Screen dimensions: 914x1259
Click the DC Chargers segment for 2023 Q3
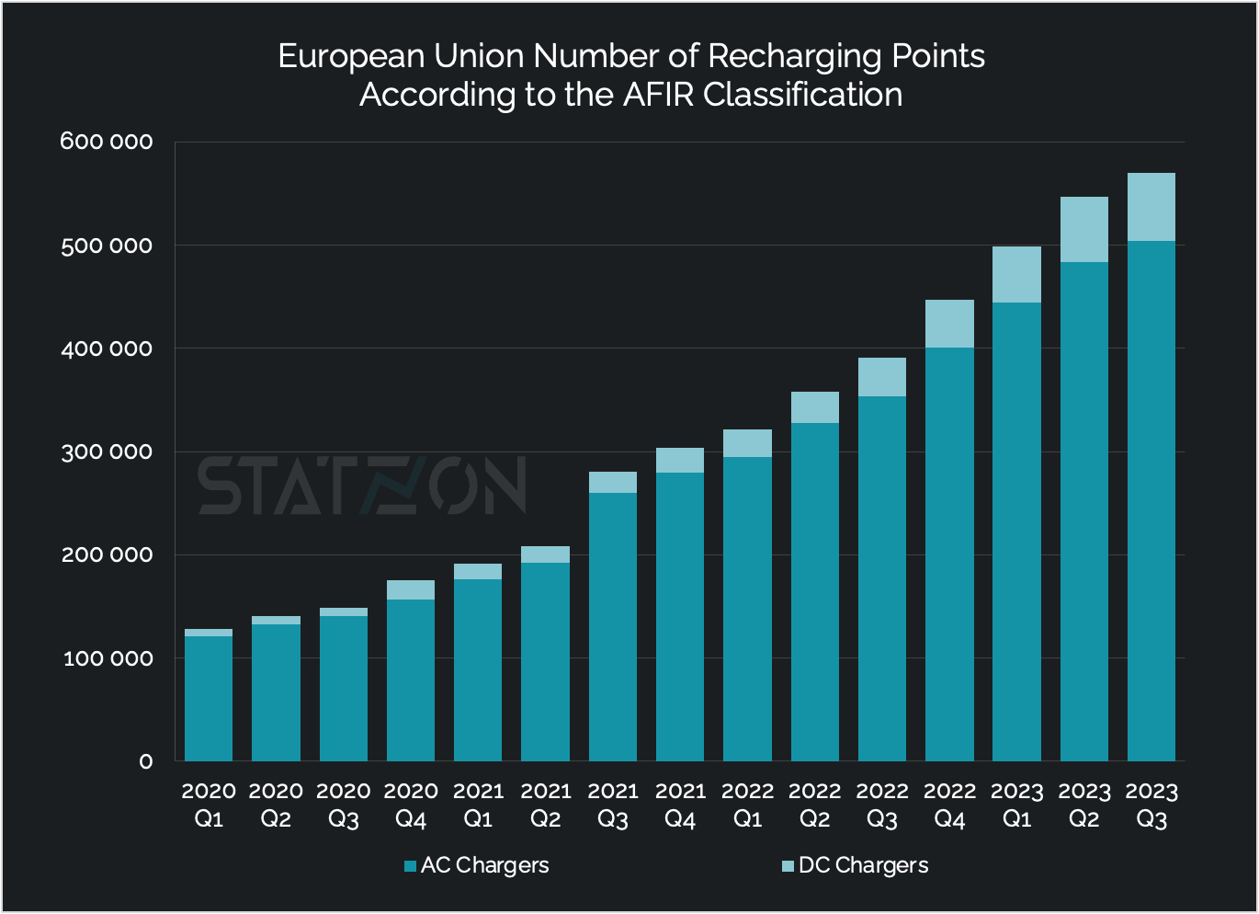(x=1151, y=207)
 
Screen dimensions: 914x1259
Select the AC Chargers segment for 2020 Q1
(x=209, y=699)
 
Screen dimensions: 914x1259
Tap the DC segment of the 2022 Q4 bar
(x=949, y=324)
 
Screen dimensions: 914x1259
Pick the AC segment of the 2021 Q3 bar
(x=613, y=625)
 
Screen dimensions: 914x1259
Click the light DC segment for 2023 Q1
(x=1016, y=274)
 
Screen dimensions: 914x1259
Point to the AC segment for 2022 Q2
(x=815, y=588)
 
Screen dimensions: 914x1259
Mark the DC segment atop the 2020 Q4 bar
(x=411, y=589)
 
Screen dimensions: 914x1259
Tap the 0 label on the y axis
(x=146, y=761)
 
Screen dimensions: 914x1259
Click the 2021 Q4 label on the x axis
(x=680, y=805)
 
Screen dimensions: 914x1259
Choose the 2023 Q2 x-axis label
(x=1084, y=805)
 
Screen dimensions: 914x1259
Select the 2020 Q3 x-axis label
(x=344, y=805)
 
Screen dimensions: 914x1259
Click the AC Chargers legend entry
(x=477, y=865)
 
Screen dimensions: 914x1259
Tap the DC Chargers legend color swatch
(x=788, y=866)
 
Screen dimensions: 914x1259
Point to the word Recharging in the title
(x=782, y=56)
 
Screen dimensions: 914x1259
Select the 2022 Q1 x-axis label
(x=747, y=805)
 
